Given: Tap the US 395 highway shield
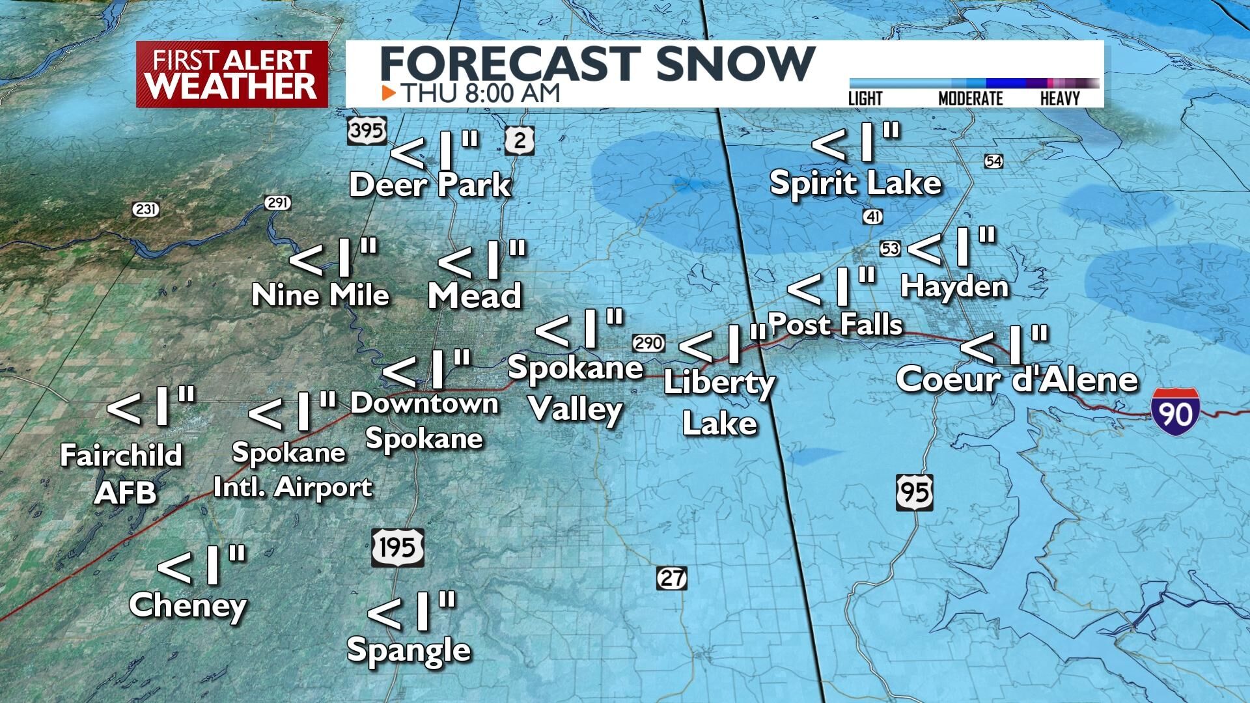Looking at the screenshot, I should (x=367, y=131).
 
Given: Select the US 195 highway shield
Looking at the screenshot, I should (x=398, y=547).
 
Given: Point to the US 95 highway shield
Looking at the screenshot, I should (x=914, y=492).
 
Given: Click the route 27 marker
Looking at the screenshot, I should (x=671, y=578).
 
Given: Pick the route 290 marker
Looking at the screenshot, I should (x=648, y=342).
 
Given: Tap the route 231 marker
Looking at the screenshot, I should (x=145, y=210).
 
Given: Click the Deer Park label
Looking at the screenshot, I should (x=430, y=185).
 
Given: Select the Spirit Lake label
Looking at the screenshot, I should (x=855, y=183).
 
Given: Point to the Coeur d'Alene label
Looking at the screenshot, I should (x=1017, y=380).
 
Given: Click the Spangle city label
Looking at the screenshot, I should (x=409, y=649).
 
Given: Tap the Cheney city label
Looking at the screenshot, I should (x=188, y=605).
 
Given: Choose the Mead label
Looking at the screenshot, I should (x=475, y=296).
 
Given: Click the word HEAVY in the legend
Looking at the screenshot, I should (x=1060, y=99).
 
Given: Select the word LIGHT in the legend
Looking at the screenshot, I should (x=865, y=99).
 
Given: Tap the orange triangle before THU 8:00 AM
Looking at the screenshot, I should (x=389, y=93).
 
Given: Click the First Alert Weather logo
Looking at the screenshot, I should (x=232, y=74).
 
